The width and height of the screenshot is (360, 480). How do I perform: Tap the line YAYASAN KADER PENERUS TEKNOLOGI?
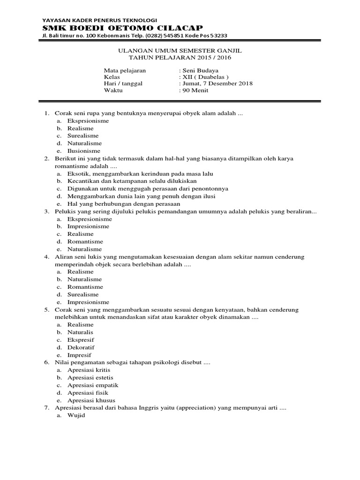click(x=99, y=20)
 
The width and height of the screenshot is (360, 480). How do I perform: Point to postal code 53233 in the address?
click(x=209, y=37)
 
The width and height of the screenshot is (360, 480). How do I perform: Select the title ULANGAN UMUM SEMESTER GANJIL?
click(x=180, y=51)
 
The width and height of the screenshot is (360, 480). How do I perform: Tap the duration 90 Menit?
click(x=195, y=90)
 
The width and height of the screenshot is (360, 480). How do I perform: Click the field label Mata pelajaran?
click(x=125, y=70)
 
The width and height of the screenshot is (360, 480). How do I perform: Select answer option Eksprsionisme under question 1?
click(x=88, y=120)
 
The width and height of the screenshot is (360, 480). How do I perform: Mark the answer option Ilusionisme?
click(x=84, y=151)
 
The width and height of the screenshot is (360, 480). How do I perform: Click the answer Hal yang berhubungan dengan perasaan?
click(x=124, y=204)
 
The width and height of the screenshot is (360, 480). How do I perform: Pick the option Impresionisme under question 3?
click(x=88, y=226)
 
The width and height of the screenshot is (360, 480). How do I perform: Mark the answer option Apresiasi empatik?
click(x=93, y=385)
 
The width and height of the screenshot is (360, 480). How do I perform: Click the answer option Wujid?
click(x=76, y=416)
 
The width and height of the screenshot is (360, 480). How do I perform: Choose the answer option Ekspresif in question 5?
click(x=81, y=340)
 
